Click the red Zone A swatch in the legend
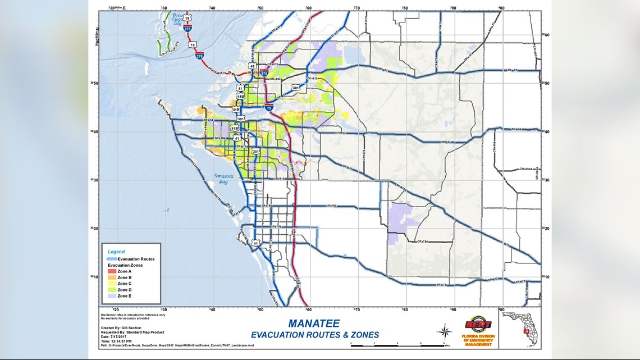(x=112, y=271)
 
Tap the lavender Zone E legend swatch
(x=112, y=296)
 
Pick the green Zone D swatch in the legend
(x=112, y=290)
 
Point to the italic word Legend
(x=116, y=252)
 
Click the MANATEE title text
(x=314, y=323)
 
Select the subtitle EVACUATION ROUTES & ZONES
(x=315, y=335)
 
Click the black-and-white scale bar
(x=397, y=343)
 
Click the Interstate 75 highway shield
(x=269, y=107)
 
